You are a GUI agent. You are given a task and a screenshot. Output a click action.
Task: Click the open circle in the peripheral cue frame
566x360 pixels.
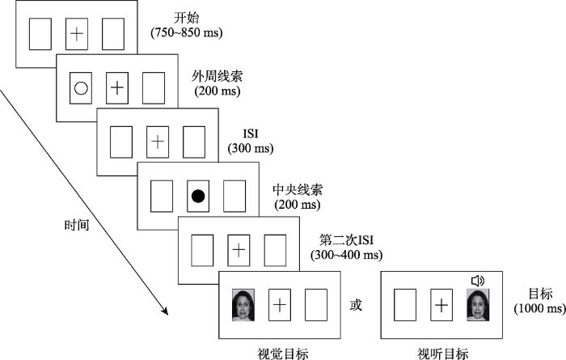(80, 88)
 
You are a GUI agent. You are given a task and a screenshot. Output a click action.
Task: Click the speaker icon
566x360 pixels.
(477, 281)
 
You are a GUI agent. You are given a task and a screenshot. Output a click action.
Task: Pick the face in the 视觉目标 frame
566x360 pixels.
(243, 306)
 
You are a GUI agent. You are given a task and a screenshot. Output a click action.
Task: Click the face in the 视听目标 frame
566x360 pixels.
(478, 306)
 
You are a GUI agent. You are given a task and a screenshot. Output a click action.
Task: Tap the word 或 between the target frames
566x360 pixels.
(354, 306)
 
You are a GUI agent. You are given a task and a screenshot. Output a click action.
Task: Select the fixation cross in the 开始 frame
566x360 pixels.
(76, 34)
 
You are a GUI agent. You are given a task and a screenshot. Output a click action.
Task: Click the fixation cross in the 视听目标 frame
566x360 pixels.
(441, 305)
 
